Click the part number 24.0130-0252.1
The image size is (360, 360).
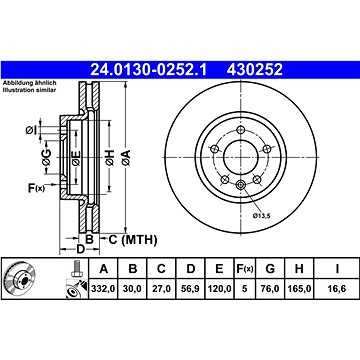(x=148, y=70)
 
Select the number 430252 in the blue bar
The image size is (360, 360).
(x=255, y=70)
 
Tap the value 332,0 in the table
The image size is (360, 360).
(x=104, y=289)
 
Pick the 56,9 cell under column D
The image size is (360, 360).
(x=190, y=289)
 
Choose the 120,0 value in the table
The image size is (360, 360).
(x=219, y=289)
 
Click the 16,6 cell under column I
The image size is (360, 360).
(x=337, y=289)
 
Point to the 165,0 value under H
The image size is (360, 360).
(x=299, y=289)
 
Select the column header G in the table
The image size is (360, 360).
(x=270, y=269)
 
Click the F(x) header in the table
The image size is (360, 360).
(x=245, y=269)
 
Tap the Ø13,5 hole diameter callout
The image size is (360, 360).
(x=261, y=216)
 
